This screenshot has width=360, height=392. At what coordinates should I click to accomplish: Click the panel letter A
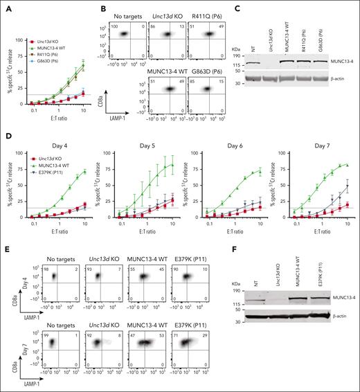tap(5, 6)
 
